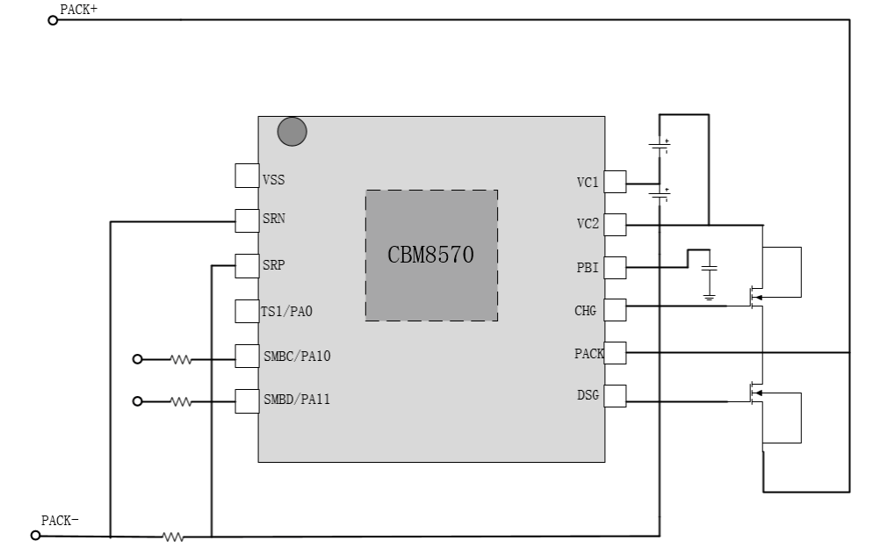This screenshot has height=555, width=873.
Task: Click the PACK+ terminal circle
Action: click(53, 20)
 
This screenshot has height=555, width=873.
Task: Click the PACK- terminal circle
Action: click(36, 536)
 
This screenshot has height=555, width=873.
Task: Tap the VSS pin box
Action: click(247, 176)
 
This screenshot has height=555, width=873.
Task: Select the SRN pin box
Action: click(247, 221)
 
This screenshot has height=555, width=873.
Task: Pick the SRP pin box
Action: click(247, 266)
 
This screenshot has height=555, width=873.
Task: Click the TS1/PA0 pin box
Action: click(247, 311)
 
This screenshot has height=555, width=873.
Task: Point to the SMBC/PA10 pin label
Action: click(297, 357)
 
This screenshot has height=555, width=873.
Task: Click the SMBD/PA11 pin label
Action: click(297, 400)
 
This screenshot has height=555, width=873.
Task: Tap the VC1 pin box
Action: click(615, 182)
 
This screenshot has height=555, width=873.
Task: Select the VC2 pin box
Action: click(615, 225)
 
